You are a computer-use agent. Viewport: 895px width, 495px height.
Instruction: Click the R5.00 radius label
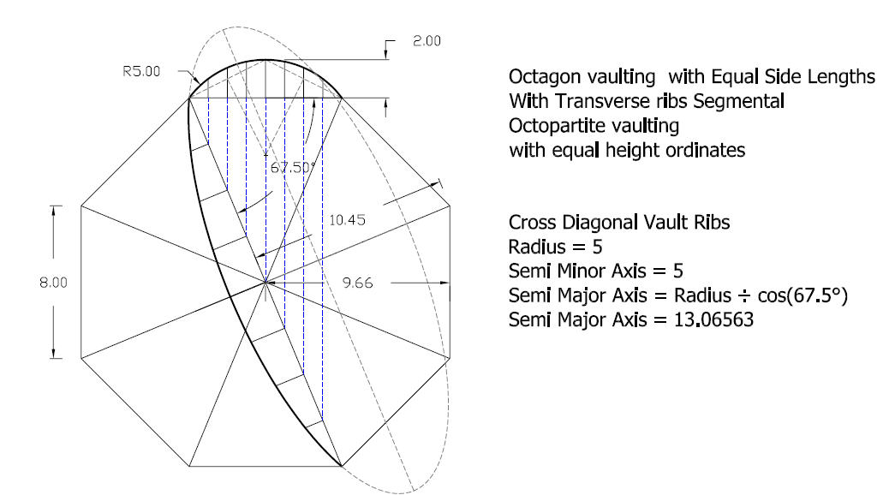tap(141, 71)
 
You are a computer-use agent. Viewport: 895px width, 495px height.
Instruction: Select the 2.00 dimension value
tap(427, 41)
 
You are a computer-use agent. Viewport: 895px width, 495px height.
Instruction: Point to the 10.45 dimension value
tap(347, 220)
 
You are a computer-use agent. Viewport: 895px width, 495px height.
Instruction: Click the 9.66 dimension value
tap(357, 283)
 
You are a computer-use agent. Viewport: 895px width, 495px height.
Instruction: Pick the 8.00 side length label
tap(53, 283)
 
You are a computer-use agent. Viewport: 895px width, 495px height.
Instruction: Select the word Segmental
tap(738, 101)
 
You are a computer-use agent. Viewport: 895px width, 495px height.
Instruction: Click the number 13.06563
tap(713, 319)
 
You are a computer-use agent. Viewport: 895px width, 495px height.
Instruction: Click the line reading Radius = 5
tap(555, 247)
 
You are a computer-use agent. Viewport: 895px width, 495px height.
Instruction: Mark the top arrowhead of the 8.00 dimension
tap(54, 210)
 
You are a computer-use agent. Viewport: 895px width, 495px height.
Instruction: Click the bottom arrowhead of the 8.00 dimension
tap(54, 354)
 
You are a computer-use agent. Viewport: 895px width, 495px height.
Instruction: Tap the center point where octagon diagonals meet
tap(266, 282)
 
